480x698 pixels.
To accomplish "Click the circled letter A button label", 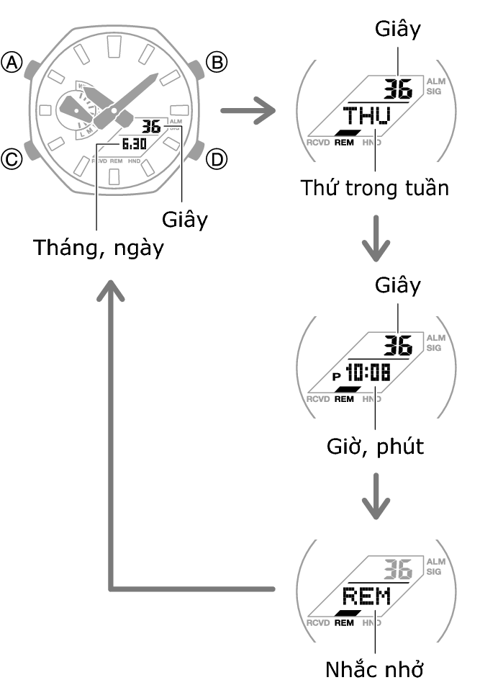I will (x=12, y=63).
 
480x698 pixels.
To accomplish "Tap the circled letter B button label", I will (x=216, y=63).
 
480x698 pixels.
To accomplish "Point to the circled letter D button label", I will (x=216, y=158).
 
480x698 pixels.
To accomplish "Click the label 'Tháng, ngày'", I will (x=99, y=249).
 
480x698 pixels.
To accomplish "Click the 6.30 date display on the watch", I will (x=134, y=144).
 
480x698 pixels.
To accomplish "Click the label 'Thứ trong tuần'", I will (x=374, y=189).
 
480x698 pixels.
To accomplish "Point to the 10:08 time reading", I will (x=368, y=373).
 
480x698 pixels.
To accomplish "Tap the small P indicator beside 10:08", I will (x=336, y=376).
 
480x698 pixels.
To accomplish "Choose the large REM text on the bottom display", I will (x=366, y=596).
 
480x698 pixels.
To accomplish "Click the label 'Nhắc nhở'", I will (x=373, y=669).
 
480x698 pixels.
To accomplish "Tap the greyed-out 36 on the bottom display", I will (x=397, y=569).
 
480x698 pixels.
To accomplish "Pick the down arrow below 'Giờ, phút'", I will (x=375, y=497).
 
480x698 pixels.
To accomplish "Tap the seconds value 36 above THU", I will (x=397, y=89).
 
